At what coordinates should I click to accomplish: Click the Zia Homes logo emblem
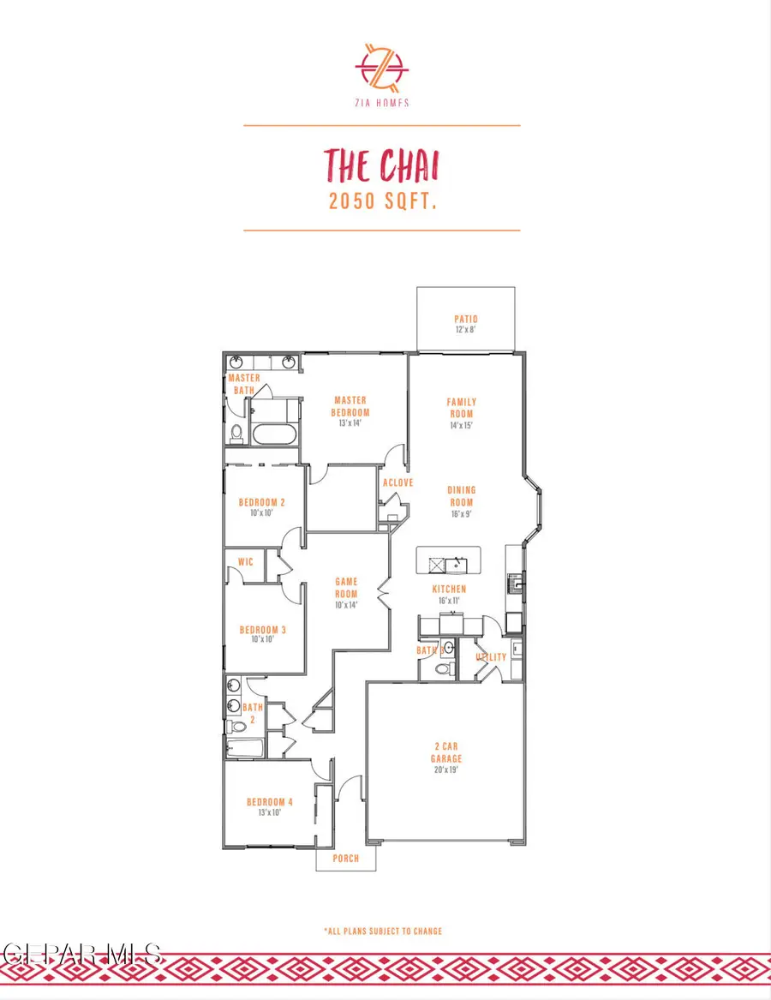point(382,67)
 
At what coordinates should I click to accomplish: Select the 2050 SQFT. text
point(382,202)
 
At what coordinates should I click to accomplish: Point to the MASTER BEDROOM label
point(350,405)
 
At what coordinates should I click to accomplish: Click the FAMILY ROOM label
point(462,408)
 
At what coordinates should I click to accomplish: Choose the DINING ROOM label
point(461,497)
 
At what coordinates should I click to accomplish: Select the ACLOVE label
point(398,482)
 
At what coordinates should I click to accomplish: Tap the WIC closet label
point(245,563)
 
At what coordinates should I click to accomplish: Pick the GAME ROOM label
point(346,588)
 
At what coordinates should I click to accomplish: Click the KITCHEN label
point(449,590)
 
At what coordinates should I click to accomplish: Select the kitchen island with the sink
point(449,562)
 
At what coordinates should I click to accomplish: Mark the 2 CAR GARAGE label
point(445,752)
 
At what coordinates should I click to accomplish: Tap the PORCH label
point(346,859)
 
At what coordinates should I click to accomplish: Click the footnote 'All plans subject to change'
point(383,931)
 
